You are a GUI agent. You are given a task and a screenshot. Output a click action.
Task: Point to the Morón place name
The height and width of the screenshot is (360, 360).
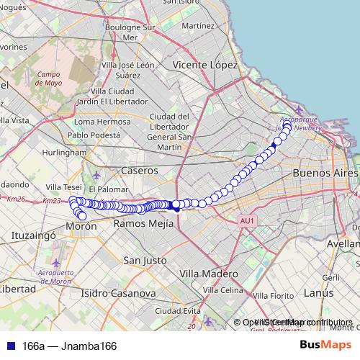(x=81, y=226)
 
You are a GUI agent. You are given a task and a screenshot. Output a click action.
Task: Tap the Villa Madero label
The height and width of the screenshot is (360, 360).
(x=208, y=274)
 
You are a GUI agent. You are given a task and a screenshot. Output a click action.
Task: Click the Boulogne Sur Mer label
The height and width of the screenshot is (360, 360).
(x=130, y=32)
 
